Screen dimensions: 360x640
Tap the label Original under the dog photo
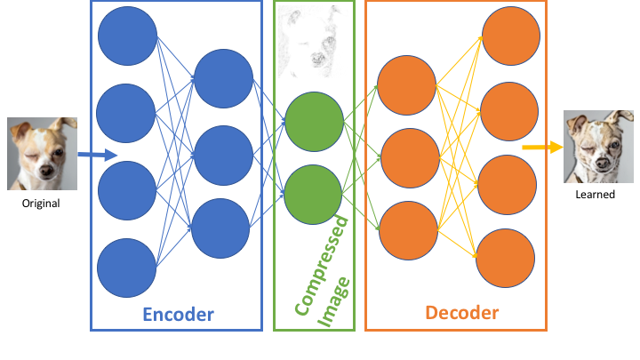[41, 204]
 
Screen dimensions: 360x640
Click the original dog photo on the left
[41, 154]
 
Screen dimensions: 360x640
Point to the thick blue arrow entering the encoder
[98, 156]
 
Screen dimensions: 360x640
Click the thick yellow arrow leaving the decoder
[541, 147]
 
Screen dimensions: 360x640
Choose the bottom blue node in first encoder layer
[126, 266]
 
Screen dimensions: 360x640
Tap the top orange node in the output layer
[509, 37]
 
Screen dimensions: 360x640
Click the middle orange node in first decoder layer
[406, 156]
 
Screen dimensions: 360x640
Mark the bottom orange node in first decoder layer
[406, 228]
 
